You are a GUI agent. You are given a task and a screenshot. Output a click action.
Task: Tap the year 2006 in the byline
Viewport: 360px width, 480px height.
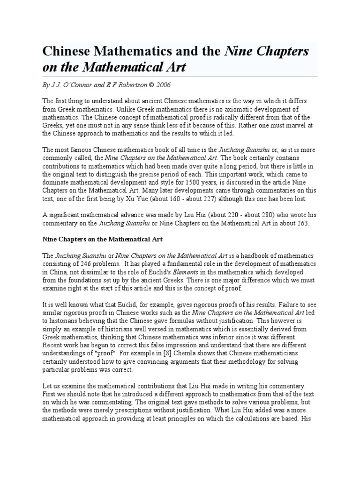coord(163,86)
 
